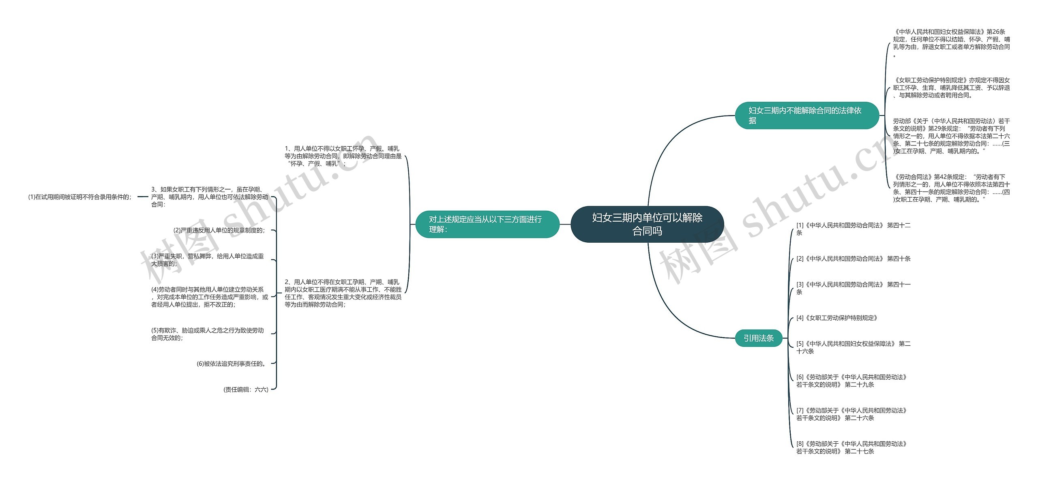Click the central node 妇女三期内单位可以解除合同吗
647,224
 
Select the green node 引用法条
758,338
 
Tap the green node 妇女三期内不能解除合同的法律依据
806,115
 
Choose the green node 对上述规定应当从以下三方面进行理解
487,224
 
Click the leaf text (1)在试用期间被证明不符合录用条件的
80,197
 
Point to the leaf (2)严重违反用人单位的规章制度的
219,230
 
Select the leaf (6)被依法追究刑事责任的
232,363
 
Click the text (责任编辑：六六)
246,389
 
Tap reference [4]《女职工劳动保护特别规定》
837,318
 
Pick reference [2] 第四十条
853,259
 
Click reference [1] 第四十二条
853,229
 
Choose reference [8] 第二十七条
851,447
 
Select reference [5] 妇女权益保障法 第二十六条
853,347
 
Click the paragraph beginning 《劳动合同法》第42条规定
951,188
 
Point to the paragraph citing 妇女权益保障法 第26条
951,43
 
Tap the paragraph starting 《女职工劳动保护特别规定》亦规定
951,88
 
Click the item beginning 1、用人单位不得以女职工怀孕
343,156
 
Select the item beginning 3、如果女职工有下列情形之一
209,197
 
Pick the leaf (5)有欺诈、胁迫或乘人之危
207,334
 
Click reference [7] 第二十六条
851,414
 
